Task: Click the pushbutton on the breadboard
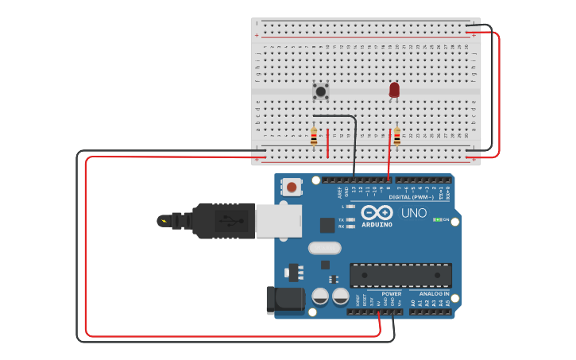pos(321,91)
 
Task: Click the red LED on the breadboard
pos(394,90)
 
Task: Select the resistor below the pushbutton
pos(314,137)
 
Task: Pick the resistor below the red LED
pos(396,137)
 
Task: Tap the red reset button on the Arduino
pos(292,188)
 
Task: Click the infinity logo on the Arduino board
pos(377,213)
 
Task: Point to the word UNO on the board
pos(413,213)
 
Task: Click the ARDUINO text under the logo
pos(377,225)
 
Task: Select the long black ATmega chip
pos(400,275)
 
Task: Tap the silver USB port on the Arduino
pos(278,221)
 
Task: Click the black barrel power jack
pos(284,299)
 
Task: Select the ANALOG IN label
pos(430,294)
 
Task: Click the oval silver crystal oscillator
pos(325,248)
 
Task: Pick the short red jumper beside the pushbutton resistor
pos(327,143)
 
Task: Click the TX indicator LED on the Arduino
pos(350,219)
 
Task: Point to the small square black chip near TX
pos(327,225)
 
